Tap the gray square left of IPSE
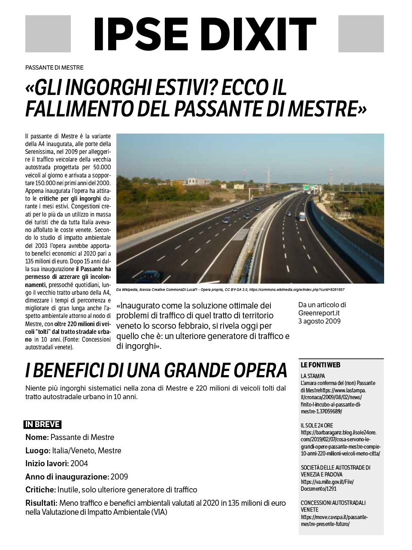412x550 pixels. pyautogui.click(x=48, y=34)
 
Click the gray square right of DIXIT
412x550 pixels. pyautogui.click(x=361, y=34)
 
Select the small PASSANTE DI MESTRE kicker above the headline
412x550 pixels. pyautogui.click(x=54, y=67)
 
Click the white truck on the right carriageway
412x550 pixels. pyautogui.click(x=302, y=217)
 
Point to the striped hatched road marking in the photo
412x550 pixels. pyautogui.click(x=242, y=234)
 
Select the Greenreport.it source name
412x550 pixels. pyautogui.click(x=319, y=313)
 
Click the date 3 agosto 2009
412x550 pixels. pyautogui.click(x=319, y=321)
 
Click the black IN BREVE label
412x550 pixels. pyautogui.click(x=42, y=425)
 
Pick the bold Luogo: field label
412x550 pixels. pyautogui.click(x=38, y=450)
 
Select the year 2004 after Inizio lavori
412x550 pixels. pyautogui.click(x=79, y=464)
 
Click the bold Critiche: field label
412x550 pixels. pyautogui.click(x=40, y=490)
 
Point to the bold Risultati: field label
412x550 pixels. pyautogui.click(x=41, y=503)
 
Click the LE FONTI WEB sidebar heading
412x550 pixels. pyautogui.click(x=320, y=365)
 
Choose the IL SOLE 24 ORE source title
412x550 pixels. pyautogui.click(x=317, y=425)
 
